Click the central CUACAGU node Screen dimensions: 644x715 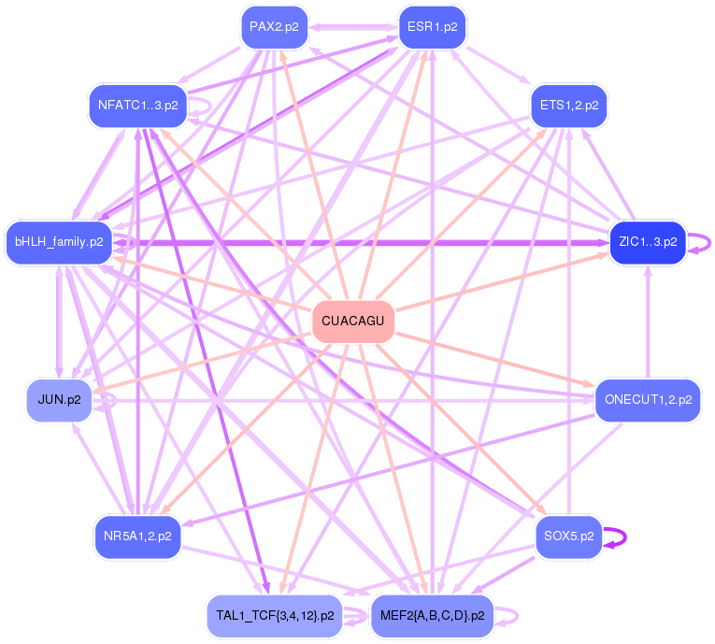click(352, 321)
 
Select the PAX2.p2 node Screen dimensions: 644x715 click(274, 26)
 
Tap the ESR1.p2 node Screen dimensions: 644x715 click(432, 26)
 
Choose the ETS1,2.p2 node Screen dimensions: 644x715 click(568, 104)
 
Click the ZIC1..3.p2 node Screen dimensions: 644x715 click(647, 242)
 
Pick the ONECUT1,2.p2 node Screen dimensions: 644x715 click(648, 399)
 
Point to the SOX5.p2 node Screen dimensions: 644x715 click(568, 537)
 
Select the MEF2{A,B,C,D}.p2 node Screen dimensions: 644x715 click(432, 616)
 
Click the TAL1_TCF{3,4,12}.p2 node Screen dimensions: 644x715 click(274, 616)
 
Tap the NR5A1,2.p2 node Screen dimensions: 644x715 click(137, 537)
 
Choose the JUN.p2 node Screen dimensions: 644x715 click(59, 399)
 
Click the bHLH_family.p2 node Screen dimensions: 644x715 click(59, 242)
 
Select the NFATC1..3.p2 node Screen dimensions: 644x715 click(137, 104)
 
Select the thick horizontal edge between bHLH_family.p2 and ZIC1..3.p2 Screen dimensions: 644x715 click(355, 242)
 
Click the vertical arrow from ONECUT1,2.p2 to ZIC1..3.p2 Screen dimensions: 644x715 click(648, 322)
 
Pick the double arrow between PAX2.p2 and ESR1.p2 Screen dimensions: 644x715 click(353, 26)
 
